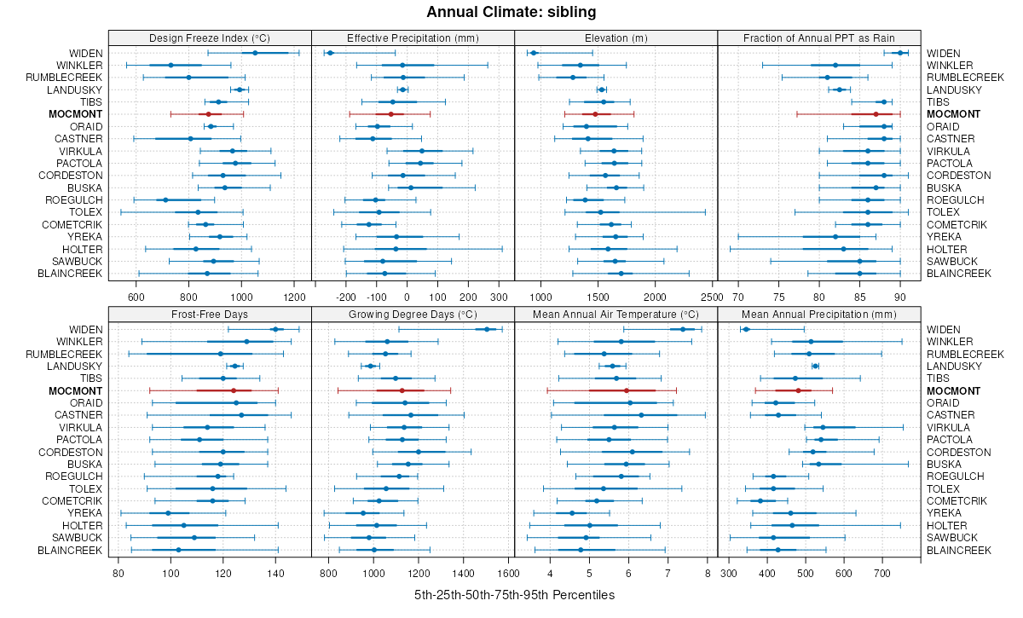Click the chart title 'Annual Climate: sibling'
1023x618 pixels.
(x=511, y=12)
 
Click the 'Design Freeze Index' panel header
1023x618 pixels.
(x=210, y=38)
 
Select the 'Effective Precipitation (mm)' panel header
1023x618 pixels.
(x=413, y=38)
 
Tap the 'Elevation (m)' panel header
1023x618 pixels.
(x=616, y=38)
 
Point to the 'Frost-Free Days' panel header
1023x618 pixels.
(x=210, y=314)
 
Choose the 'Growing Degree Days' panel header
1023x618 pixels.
(x=413, y=314)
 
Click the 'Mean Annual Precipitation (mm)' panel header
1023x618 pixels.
(x=819, y=314)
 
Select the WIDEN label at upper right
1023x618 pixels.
(x=944, y=53)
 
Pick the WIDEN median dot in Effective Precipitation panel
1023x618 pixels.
(x=330, y=53)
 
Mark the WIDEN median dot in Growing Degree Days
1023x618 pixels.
(x=487, y=329)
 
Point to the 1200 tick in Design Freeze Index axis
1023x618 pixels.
(x=293, y=297)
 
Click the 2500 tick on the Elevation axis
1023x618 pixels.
(x=710, y=297)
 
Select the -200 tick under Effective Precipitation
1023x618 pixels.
(x=346, y=297)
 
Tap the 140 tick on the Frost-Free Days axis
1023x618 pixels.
(x=276, y=573)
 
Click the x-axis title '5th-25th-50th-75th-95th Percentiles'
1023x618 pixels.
(x=514, y=595)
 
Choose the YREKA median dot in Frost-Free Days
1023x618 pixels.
(x=168, y=513)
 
